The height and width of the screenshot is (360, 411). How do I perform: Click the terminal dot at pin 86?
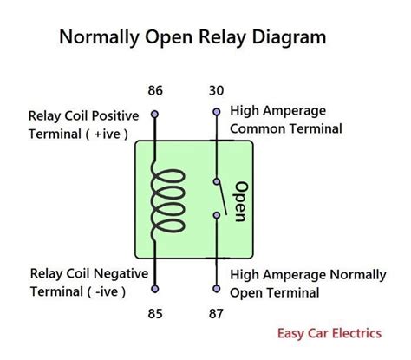pos(155,114)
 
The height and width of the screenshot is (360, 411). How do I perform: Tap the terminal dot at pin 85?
pos(155,287)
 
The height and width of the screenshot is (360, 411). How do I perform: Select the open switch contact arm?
pos(222,198)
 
